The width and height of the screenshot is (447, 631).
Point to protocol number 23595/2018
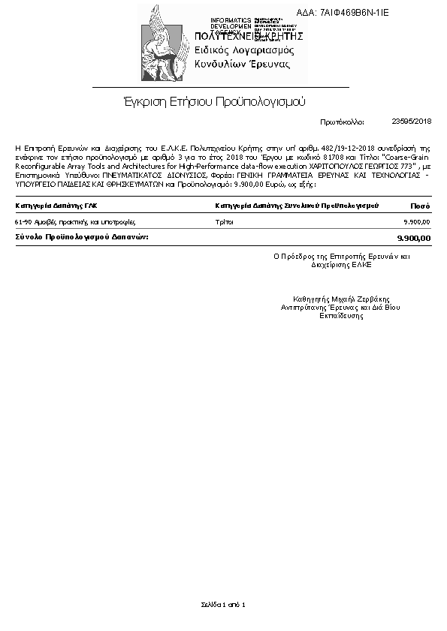pyautogui.click(x=412, y=121)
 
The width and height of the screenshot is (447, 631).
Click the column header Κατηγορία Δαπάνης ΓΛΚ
pyautogui.click(x=56, y=205)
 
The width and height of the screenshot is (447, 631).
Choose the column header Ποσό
pyautogui.click(x=420, y=205)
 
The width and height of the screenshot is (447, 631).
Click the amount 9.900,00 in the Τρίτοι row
pyautogui.click(x=417, y=222)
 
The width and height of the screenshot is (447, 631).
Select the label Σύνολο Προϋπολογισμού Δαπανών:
pyautogui.click(x=82, y=236)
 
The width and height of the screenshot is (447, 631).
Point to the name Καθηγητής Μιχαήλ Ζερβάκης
pyautogui.click(x=341, y=298)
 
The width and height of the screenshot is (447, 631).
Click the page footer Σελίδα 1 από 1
pyautogui.click(x=223, y=604)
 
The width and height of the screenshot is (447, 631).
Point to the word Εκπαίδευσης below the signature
pyautogui.click(x=341, y=316)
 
